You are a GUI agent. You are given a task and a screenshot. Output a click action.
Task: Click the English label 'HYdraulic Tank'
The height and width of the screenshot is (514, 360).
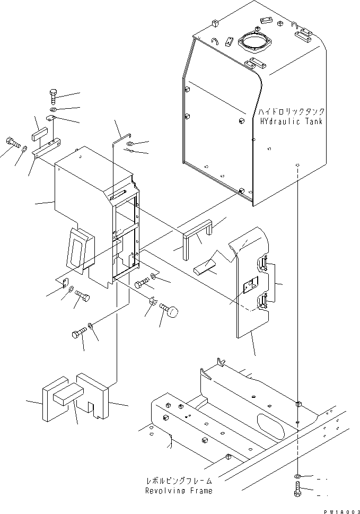291,121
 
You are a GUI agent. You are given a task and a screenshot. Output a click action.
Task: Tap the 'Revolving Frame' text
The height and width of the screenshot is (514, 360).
179,491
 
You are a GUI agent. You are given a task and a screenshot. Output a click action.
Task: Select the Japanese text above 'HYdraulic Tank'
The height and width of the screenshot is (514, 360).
291,112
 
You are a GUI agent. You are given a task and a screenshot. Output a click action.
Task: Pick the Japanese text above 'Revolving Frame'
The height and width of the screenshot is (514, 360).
179,481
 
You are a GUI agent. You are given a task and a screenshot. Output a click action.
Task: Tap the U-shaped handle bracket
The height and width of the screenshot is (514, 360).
198,238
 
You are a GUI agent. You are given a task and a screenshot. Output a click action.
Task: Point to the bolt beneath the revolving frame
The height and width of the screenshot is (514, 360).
296,488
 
